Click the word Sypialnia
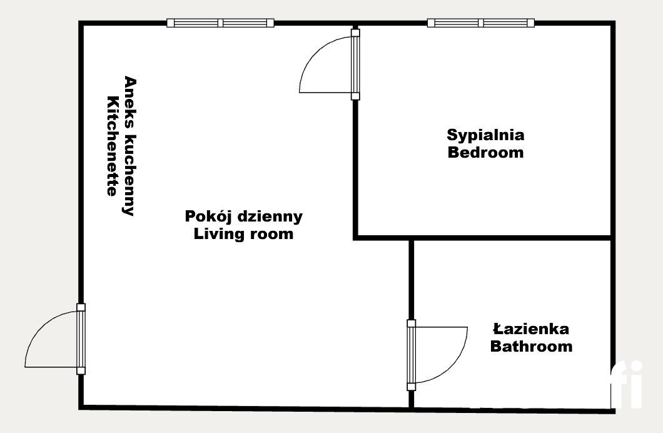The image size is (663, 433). point(485,135)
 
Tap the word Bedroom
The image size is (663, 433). point(485,152)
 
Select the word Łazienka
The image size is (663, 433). point(530,329)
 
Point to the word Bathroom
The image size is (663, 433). point(530,346)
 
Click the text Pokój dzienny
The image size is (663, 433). point(243,216)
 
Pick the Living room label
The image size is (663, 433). point(243,234)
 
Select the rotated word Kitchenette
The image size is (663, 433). point(113,146)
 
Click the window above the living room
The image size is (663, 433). point(220,23)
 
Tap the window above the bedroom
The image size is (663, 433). point(480,23)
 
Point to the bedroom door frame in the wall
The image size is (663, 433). point(355,64)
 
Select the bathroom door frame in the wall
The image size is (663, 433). point(411,355)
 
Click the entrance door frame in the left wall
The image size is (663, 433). point(81,339)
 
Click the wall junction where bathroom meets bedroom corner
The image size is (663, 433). point(411,238)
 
